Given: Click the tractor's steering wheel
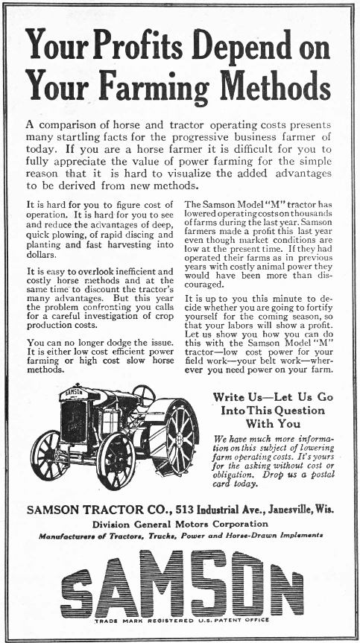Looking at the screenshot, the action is tap(143, 395).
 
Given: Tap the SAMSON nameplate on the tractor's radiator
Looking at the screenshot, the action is tap(72, 390).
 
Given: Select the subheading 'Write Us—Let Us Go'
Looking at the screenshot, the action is tap(272, 397).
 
